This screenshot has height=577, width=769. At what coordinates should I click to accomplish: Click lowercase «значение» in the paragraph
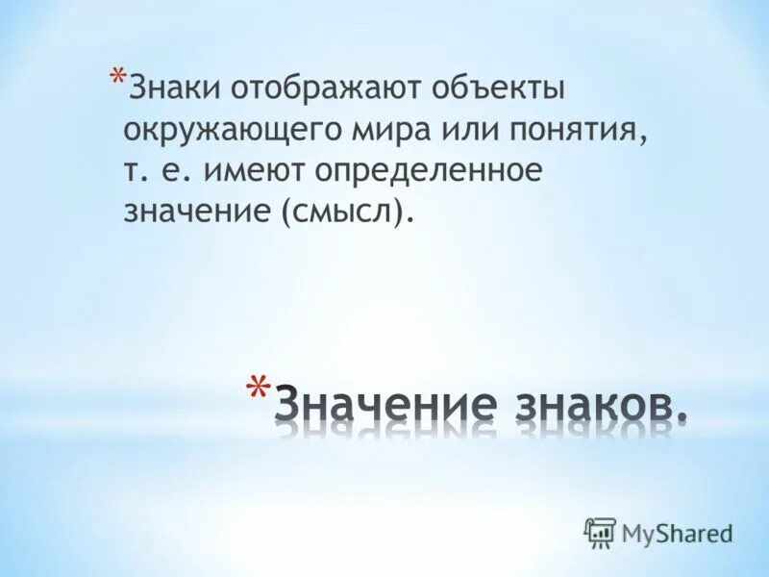198,211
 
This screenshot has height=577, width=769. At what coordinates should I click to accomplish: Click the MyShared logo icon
600,532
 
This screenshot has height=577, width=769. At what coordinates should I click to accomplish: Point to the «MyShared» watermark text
677,532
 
